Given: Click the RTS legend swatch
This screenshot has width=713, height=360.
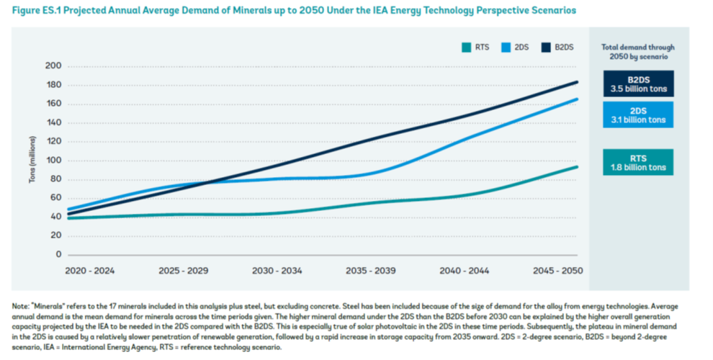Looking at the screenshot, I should click(x=466, y=48).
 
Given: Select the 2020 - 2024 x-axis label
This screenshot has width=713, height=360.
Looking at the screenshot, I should click(x=90, y=271).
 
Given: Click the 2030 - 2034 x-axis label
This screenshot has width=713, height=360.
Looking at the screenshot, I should click(x=277, y=271).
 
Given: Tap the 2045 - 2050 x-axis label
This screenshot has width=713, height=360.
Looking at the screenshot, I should click(x=557, y=271).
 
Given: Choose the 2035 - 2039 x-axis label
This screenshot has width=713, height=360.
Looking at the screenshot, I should click(x=371, y=271).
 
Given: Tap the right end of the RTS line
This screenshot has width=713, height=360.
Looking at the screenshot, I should click(x=578, y=167).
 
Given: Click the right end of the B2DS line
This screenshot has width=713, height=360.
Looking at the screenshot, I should click(x=578, y=82).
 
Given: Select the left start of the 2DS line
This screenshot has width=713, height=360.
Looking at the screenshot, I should click(x=68, y=210).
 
